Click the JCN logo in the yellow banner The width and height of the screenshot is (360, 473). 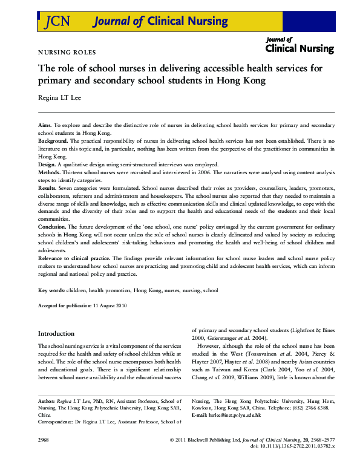point(57,22)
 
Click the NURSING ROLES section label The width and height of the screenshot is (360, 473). point(67,53)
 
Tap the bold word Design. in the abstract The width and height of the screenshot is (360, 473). point(47,165)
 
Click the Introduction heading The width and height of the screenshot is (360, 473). point(56,334)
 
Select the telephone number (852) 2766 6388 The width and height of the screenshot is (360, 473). point(310,408)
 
